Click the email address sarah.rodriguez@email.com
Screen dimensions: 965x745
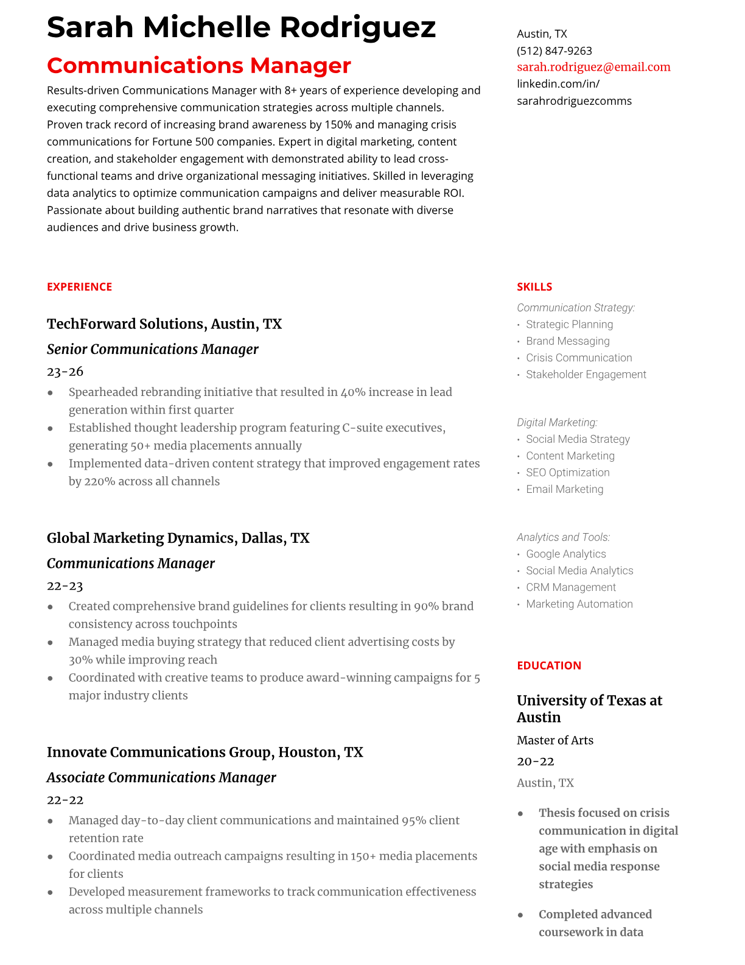593,67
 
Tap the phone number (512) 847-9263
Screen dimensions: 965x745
554,51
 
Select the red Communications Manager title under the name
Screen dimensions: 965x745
199,65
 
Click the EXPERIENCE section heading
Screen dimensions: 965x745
79,287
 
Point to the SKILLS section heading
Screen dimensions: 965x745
534,287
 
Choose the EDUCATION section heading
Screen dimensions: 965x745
548,665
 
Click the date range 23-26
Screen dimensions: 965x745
65,372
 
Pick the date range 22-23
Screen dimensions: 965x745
65,586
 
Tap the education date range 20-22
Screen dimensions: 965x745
536,762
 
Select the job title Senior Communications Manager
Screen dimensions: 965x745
153,349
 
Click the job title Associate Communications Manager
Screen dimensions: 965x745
161,777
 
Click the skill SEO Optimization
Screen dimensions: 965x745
567,473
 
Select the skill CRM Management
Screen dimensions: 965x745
571,587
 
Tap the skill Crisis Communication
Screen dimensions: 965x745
579,358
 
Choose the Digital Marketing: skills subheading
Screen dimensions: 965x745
557,422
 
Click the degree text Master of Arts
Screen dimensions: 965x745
554,740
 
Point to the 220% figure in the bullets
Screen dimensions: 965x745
99,481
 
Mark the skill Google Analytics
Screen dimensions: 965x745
566,554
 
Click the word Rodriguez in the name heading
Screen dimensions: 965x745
358,27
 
